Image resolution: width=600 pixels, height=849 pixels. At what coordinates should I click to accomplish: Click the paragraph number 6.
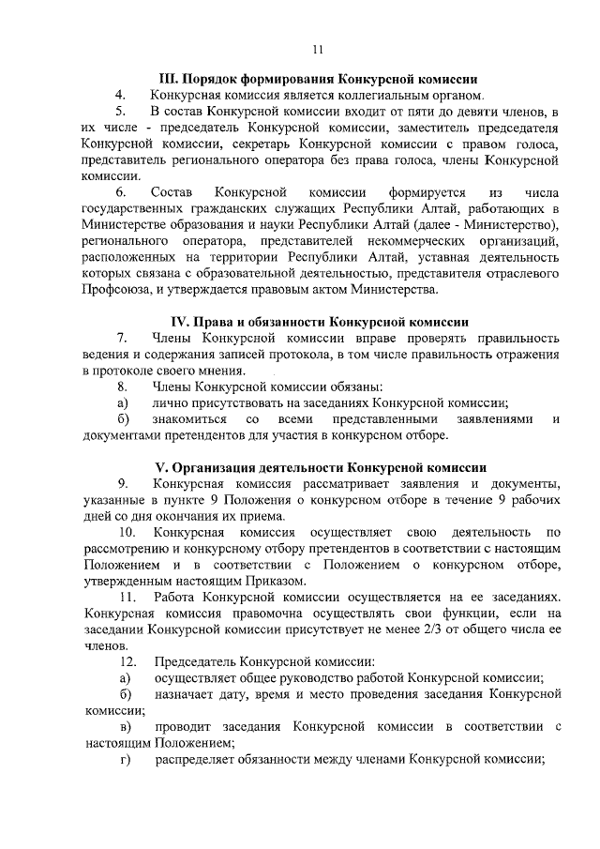coord(121,191)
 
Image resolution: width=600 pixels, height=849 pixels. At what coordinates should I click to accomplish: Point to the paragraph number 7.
coord(121,338)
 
